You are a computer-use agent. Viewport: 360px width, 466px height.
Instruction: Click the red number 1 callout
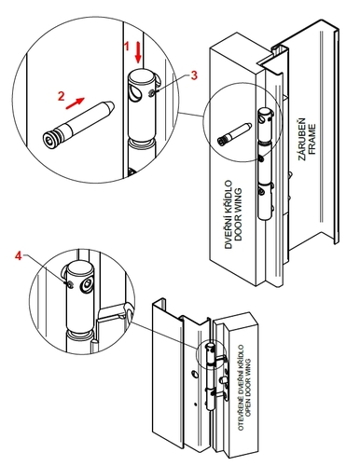tap(127, 47)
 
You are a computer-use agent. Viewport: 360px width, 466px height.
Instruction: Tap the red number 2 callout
tap(62, 96)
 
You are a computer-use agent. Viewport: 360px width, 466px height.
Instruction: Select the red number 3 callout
tap(194, 75)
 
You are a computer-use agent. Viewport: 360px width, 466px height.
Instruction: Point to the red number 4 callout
tap(19, 256)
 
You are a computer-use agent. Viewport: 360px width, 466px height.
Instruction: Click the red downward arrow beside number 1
tap(138, 53)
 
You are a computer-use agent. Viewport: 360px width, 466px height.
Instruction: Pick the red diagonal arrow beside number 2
tap(75, 103)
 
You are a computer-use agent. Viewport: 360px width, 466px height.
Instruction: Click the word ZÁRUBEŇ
tap(302, 139)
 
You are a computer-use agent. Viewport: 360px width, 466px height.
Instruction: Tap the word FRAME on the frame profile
tap(312, 139)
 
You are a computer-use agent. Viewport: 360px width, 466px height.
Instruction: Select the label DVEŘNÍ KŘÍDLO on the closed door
tap(228, 214)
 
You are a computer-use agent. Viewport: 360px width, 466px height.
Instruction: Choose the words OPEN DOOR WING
tap(248, 388)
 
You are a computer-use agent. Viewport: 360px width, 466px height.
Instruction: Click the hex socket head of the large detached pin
tap(49, 138)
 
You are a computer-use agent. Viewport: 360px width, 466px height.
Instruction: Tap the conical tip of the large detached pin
tap(110, 106)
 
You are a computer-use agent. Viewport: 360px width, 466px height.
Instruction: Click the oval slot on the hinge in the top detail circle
tap(135, 93)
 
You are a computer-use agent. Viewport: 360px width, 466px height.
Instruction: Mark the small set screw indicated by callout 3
tap(151, 92)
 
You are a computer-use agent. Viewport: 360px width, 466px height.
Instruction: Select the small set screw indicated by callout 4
tap(70, 284)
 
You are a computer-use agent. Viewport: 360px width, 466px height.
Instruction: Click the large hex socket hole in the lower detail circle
tap(87, 284)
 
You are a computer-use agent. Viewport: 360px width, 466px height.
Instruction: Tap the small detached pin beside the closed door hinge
tap(234, 134)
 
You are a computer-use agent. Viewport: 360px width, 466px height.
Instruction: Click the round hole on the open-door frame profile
tap(194, 374)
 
